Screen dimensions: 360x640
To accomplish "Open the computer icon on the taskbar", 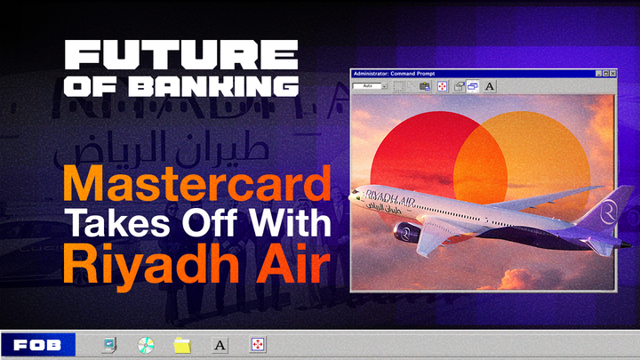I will pyautogui.click(x=109, y=344).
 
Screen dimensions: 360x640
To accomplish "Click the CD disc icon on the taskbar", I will pyautogui.click(x=146, y=344).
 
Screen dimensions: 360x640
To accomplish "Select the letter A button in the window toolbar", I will pyautogui.click(x=490, y=86).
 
